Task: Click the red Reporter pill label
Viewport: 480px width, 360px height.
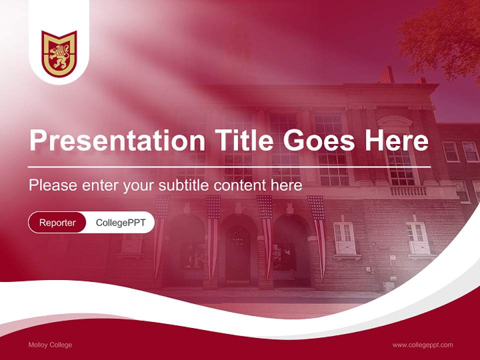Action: tap(57, 222)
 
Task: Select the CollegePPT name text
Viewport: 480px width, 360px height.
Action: tap(120, 222)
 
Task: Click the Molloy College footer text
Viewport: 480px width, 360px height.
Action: tap(50, 345)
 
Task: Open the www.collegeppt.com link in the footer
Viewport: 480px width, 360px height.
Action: tap(422, 345)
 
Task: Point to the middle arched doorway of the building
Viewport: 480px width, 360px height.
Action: tap(238, 250)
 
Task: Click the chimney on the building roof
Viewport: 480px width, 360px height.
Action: tap(386, 75)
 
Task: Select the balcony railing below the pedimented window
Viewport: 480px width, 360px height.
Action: tap(408, 191)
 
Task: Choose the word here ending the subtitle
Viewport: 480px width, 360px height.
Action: tap(287, 185)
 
